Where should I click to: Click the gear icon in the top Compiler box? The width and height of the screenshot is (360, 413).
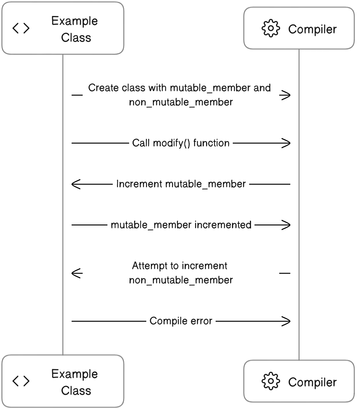[270, 28]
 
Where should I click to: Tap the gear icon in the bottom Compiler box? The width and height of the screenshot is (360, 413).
[270, 381]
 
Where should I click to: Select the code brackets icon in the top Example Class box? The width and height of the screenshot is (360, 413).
[21, 28]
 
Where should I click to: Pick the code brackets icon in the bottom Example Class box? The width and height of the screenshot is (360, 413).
[21, 381]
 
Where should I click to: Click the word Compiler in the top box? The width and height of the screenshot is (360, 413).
[312, 29]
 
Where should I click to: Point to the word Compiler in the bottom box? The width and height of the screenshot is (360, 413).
[312, 382]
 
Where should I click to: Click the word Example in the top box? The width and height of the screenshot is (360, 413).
[75, 21]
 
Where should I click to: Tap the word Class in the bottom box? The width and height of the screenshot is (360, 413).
[76, 391]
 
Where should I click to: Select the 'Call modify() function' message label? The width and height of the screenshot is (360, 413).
[181, 143]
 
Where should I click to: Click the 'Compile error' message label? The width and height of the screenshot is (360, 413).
[181, 321]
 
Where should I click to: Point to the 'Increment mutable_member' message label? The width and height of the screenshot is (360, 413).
[181, 184]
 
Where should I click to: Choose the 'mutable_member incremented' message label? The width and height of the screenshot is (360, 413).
[181, 225]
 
